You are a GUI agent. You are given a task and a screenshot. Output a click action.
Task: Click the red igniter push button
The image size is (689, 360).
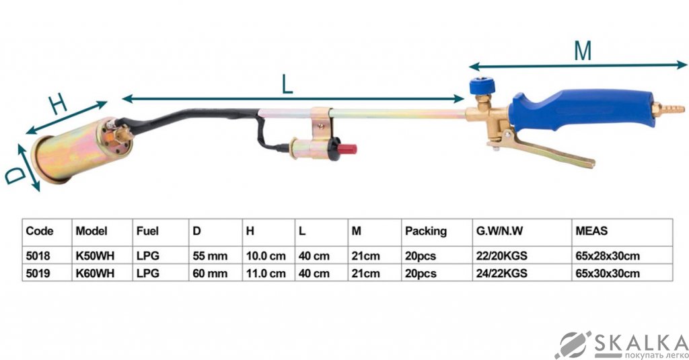click(348, 148)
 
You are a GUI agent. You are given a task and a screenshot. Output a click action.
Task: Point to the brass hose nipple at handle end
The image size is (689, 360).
click(674, 108)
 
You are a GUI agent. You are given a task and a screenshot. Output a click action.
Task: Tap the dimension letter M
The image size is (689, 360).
click(582, 51)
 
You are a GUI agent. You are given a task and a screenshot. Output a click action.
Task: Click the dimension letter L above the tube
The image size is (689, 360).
click(287, 85)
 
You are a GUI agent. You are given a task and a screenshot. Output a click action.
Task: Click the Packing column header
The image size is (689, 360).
click(425, 231)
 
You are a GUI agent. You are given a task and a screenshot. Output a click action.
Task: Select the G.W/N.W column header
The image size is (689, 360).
click(499, 231)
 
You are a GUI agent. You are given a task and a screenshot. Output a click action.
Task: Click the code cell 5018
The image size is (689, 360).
click(38, 256)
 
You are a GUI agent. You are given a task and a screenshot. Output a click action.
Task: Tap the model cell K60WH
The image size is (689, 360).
click(94, 273)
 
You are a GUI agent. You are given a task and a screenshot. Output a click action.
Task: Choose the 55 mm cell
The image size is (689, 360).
click(210, 256)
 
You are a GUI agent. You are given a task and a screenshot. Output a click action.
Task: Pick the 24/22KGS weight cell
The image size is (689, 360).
click(502, 273)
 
